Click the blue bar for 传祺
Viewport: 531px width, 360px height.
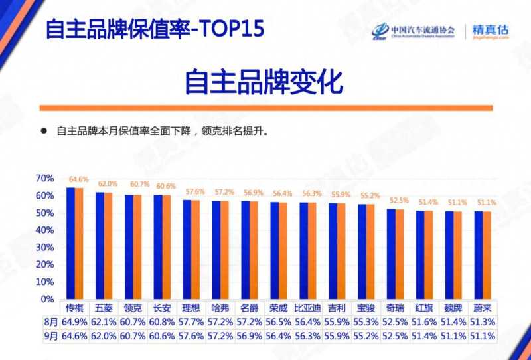tap(70, 243)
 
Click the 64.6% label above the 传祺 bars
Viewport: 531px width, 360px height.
tap(78, 179)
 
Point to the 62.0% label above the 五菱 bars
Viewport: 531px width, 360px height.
tap(108, 184)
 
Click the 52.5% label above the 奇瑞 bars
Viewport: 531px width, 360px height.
tap(398, 200)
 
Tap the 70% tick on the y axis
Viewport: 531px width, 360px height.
tap(45, 179)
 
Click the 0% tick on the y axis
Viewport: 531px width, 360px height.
tap(48, 300)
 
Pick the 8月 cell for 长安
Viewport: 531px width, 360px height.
tap(163, 321)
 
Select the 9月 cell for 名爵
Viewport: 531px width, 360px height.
tap(250, 336)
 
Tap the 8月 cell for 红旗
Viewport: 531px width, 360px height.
tap(425, 321)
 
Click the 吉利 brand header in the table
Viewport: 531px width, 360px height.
tap(338, 308)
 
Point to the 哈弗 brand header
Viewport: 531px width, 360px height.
tap(221, 308)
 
